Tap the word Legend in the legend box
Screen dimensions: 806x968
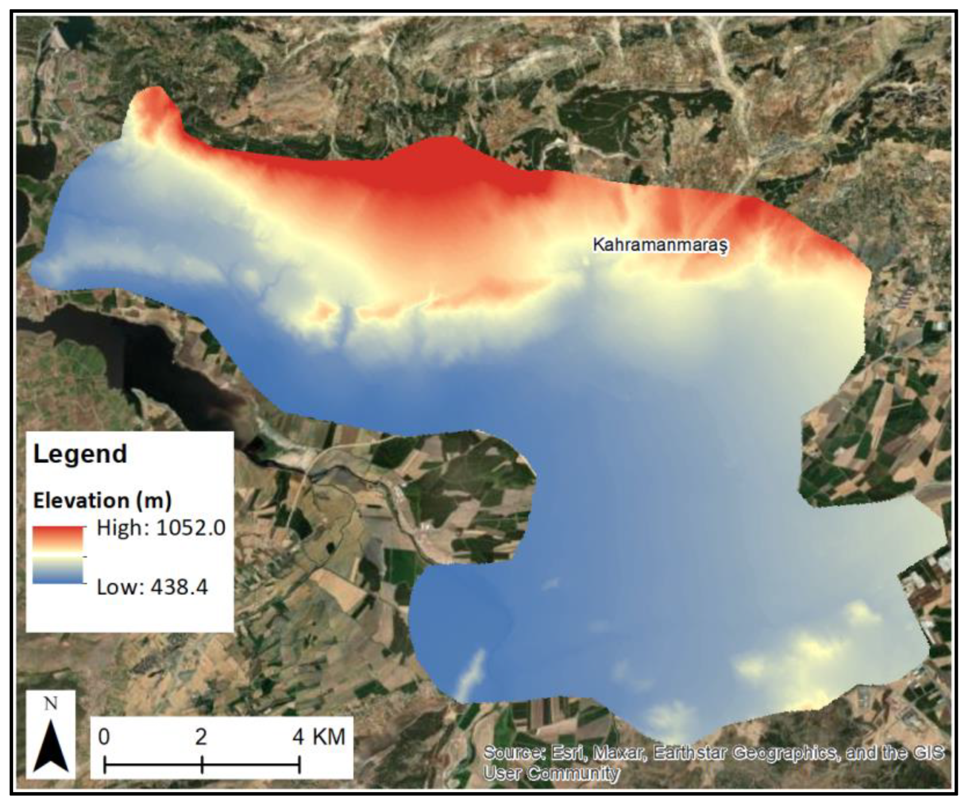click(80, 454)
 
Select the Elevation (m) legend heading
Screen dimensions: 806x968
click(102, 501)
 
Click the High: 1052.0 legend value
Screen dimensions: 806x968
click(161, 528)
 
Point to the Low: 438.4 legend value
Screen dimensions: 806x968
click(152, 587)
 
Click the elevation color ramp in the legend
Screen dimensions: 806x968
click(57, 555)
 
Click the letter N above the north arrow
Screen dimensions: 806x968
click(51, 704)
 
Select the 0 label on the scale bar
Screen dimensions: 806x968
click(104, 737)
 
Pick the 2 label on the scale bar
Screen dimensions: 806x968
click(201, 737)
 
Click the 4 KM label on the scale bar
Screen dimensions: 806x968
click(318, 737)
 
